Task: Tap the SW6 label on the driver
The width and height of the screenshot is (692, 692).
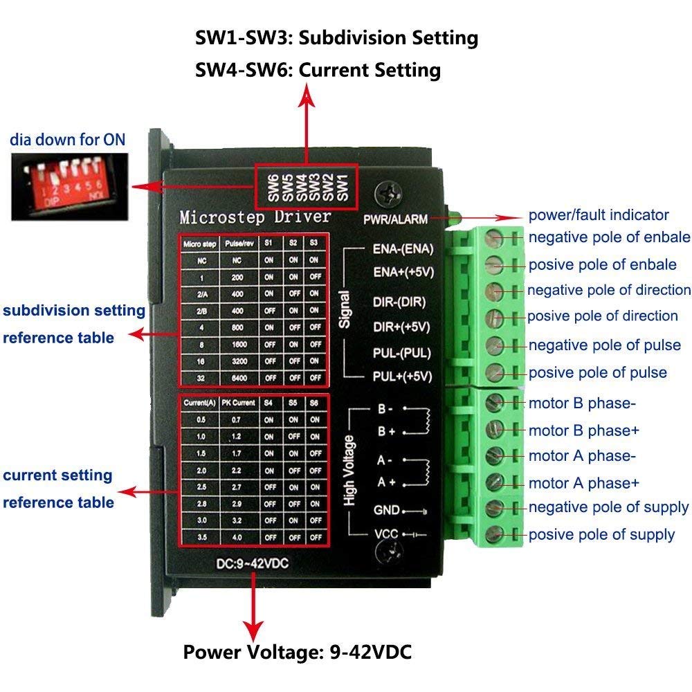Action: point(273,187)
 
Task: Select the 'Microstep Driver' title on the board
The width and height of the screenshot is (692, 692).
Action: point(255,217)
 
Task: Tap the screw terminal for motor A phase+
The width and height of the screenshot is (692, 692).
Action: point(493,482)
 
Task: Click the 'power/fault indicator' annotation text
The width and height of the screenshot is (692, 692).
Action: point(599,215)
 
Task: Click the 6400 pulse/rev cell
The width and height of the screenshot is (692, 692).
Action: point(239,378)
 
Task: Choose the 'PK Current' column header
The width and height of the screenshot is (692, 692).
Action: point(239,402)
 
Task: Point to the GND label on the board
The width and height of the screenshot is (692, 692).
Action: point(386,510)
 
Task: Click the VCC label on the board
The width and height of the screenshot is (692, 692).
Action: point(386,535)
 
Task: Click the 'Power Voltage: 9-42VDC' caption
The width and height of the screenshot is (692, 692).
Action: point(298,652)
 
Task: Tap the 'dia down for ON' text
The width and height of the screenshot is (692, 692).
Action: point(68,139)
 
